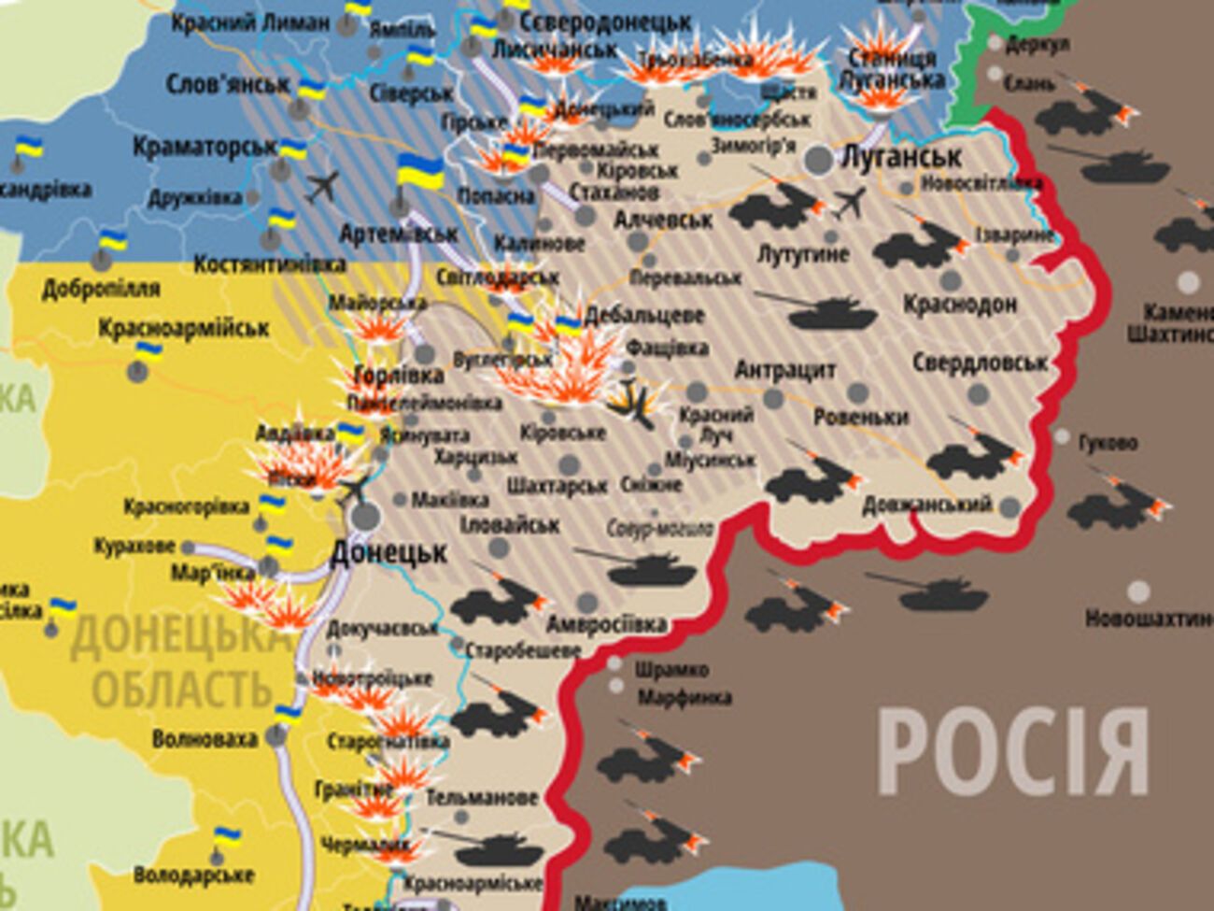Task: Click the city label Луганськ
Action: point(901,156)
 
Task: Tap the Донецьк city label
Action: point(388,552)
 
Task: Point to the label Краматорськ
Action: point(205,147)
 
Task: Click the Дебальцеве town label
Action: point(644,315)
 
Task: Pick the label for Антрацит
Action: point(784,370)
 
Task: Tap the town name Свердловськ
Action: point(980,362)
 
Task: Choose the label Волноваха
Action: point(204,739)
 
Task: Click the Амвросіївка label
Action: point(606,624)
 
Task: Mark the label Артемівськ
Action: point(398,233)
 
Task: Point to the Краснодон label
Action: point(960,305)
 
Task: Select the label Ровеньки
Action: point(861,417)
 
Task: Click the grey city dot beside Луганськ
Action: point(819,160)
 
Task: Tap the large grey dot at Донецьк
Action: point(366,515)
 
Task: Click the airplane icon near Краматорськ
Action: point(322,186)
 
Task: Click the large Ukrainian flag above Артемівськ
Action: point(420,173)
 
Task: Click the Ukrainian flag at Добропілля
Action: point(112,240)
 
